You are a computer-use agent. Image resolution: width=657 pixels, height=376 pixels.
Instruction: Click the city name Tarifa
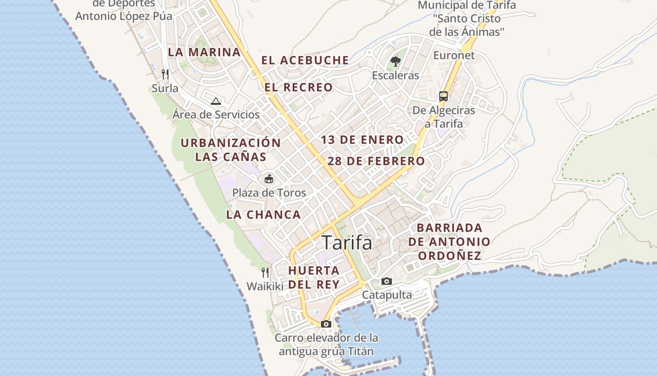point(347,243)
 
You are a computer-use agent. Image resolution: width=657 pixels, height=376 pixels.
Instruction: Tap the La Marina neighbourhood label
point(204,52)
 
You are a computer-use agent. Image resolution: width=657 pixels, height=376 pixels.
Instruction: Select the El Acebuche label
point(305,60)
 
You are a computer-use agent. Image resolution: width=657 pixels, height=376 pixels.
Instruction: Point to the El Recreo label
point(298,87)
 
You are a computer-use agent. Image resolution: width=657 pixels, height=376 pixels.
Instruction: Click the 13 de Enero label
point(362,140)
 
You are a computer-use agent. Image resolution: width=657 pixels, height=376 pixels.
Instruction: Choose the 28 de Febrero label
point(376,161)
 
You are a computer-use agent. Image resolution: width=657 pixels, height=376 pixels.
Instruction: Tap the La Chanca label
point(263,215)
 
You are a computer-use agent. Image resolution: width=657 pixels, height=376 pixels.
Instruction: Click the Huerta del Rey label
point(314,277)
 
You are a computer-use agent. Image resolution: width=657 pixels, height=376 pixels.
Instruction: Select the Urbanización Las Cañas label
point(231,149)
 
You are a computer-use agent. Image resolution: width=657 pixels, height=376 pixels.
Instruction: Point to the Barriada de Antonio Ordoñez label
point(450,242)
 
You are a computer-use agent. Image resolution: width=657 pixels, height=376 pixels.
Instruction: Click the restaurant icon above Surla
point(165,74)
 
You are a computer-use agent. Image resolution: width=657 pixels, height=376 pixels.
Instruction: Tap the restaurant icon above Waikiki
point(265,273)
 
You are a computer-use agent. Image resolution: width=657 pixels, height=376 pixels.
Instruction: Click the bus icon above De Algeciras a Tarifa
point(443,96)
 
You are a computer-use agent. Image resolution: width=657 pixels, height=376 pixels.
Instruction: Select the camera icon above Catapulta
point(387,281)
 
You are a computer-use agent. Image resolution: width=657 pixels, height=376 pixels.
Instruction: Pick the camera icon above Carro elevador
point(326,324)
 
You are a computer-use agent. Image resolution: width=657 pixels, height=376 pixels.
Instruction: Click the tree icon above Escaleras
point(396,61)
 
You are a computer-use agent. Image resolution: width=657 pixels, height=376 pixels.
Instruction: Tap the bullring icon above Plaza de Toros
point(269,179)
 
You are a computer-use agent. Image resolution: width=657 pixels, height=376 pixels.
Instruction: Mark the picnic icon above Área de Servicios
point(215,101)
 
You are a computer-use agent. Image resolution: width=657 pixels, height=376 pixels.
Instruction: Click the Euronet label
point(454,55)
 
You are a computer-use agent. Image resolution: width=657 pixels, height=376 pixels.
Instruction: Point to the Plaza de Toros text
point(269,193)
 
